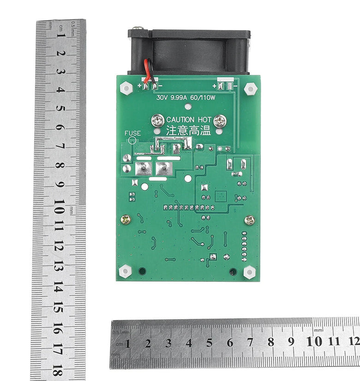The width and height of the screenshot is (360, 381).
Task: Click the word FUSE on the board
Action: point(132,133)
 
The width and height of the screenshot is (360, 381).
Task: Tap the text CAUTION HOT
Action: point(189,120)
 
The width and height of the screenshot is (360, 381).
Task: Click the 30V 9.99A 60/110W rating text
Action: point(186,98)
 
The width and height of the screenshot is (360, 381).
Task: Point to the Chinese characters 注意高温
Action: point(188,131)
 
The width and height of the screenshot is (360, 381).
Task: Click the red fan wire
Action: point(146,71)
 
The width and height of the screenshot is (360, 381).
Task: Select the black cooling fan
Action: point(189,52)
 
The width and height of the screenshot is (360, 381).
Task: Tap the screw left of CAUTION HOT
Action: point(158,121)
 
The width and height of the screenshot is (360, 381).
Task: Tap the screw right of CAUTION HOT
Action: point(220,121)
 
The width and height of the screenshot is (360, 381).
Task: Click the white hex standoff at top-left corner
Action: point(126,88)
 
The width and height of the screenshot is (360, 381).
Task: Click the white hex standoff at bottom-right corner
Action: point(250,272)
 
